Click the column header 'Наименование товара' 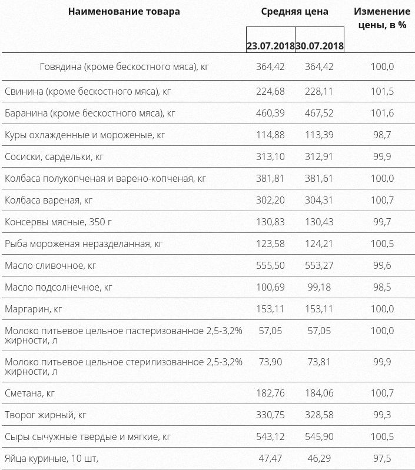coord(124,11)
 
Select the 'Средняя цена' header coord(295,11)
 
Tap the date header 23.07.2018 coord(270,45)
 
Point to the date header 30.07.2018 coord(320,45)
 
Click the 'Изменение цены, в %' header coord(381,18)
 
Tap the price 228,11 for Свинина coord(319,91)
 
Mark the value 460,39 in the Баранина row coord(270,113)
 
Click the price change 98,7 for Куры coord(381,135)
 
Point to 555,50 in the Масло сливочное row coord(270,265)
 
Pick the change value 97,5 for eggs coord(381,458)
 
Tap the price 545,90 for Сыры coord(319,436)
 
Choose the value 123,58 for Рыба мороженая coord(270,244)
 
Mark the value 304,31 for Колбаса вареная coord(319,200)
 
